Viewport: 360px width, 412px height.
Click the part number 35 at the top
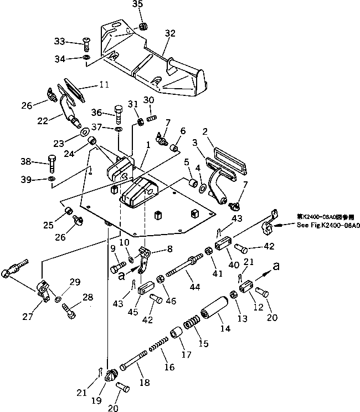pyautogui.click(x=138, y=4)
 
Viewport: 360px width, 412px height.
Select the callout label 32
pyautogui.click(x=170, y=33)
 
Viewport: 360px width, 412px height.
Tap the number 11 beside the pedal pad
pyautogui.click(x=104, y=85)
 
